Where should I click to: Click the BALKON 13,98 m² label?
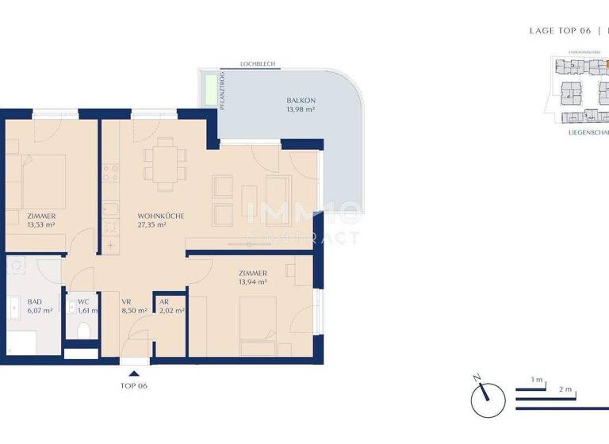301,105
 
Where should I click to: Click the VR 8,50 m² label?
133,306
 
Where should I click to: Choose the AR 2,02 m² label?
170,306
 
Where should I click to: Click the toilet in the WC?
82,331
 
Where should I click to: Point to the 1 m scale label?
537,381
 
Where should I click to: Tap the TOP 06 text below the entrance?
133,386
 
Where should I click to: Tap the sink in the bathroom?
16,305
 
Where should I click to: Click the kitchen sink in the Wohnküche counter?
109,210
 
